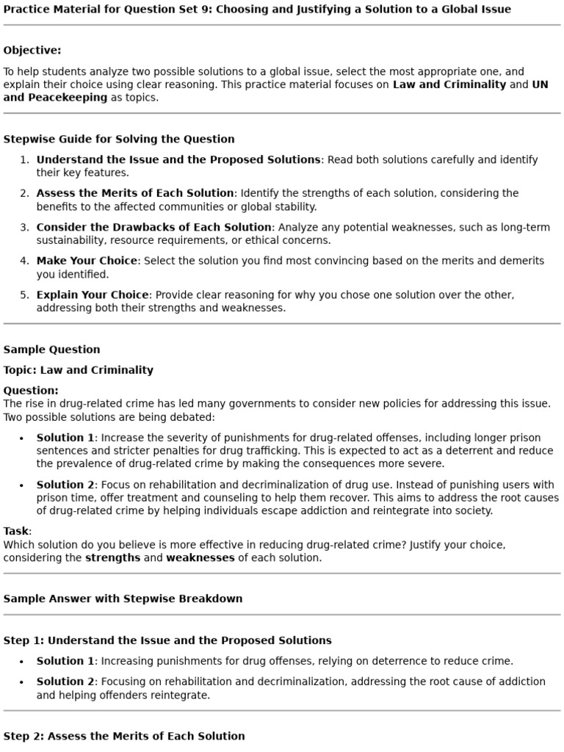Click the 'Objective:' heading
(x=32, y=50)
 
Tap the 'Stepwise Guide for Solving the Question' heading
(x=119, y=139)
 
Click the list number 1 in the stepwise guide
(x=23, y=159)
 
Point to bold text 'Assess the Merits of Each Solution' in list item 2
(x=135, y=193)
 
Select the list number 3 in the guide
(x=23, y=227)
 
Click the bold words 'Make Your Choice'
(x=87, y=261)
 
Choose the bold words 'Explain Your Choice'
(x=93, y=294)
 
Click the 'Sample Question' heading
(x=51, y=350)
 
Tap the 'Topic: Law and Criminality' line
(x=79, y=370)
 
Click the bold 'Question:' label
(x=31, y=391)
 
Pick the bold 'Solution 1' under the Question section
(x=65, y=438)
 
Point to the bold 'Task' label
(x=15, y=531)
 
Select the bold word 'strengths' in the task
(x=112, y=557)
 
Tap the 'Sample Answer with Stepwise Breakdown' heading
(x=123, y=599)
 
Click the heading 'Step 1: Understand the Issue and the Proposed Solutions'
(x=167, y=640)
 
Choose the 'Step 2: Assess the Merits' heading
(x=124, y=736)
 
